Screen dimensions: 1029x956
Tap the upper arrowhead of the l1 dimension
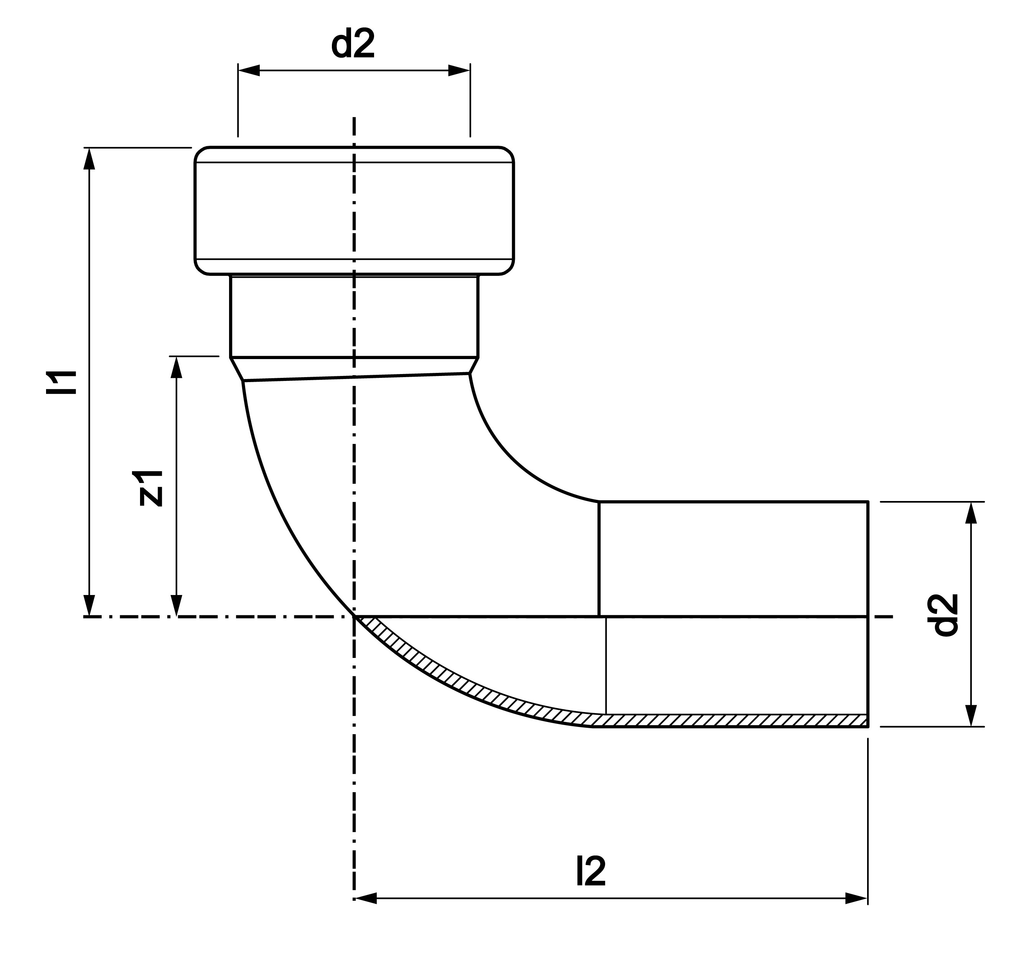click(89, 159)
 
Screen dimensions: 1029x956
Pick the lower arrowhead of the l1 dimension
click(89, 605)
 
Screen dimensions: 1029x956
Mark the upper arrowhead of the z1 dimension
click(176, 367)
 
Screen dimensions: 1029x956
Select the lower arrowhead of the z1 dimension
click(176, 605)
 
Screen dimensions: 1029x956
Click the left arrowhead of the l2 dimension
click(366, 898)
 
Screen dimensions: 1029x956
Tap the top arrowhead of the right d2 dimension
click(971, 513)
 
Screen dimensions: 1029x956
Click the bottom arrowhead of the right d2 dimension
click(971, 715)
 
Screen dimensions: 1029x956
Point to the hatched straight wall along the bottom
click(729, 720)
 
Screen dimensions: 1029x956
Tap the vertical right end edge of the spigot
click(867, 614)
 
